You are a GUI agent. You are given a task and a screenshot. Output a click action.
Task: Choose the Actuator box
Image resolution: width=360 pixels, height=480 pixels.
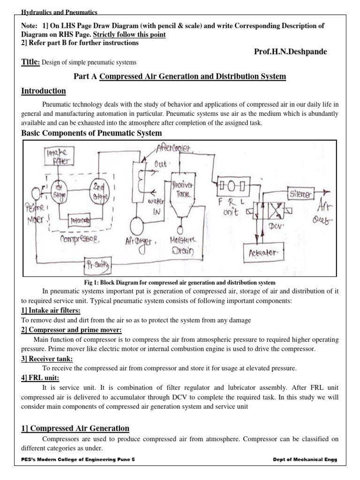(x=265, y=252)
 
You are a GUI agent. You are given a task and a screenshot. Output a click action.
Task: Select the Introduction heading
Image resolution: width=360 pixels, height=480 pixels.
(x=44, y=91)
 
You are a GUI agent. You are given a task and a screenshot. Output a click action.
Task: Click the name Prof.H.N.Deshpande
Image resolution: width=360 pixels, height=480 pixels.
(x=290, y=51)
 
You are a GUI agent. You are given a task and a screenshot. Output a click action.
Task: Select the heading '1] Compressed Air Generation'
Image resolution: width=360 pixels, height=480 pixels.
(x=75, y=428)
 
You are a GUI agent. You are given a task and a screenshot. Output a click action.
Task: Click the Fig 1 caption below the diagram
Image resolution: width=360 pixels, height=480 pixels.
(x=180, y=282)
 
